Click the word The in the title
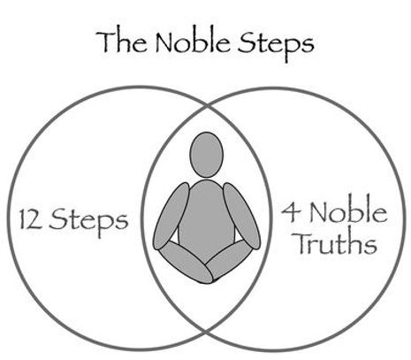(121, 42)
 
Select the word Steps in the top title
(276, 45)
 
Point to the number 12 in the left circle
(31, 218)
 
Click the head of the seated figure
(206, 155)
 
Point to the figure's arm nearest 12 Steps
(171, 216)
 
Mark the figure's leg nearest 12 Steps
(186, 263)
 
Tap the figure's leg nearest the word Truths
(229, 258)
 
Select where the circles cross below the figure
(206, 332)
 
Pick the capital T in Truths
(304, 243)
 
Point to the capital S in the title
(247, 42)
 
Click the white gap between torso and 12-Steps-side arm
(175, 238)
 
